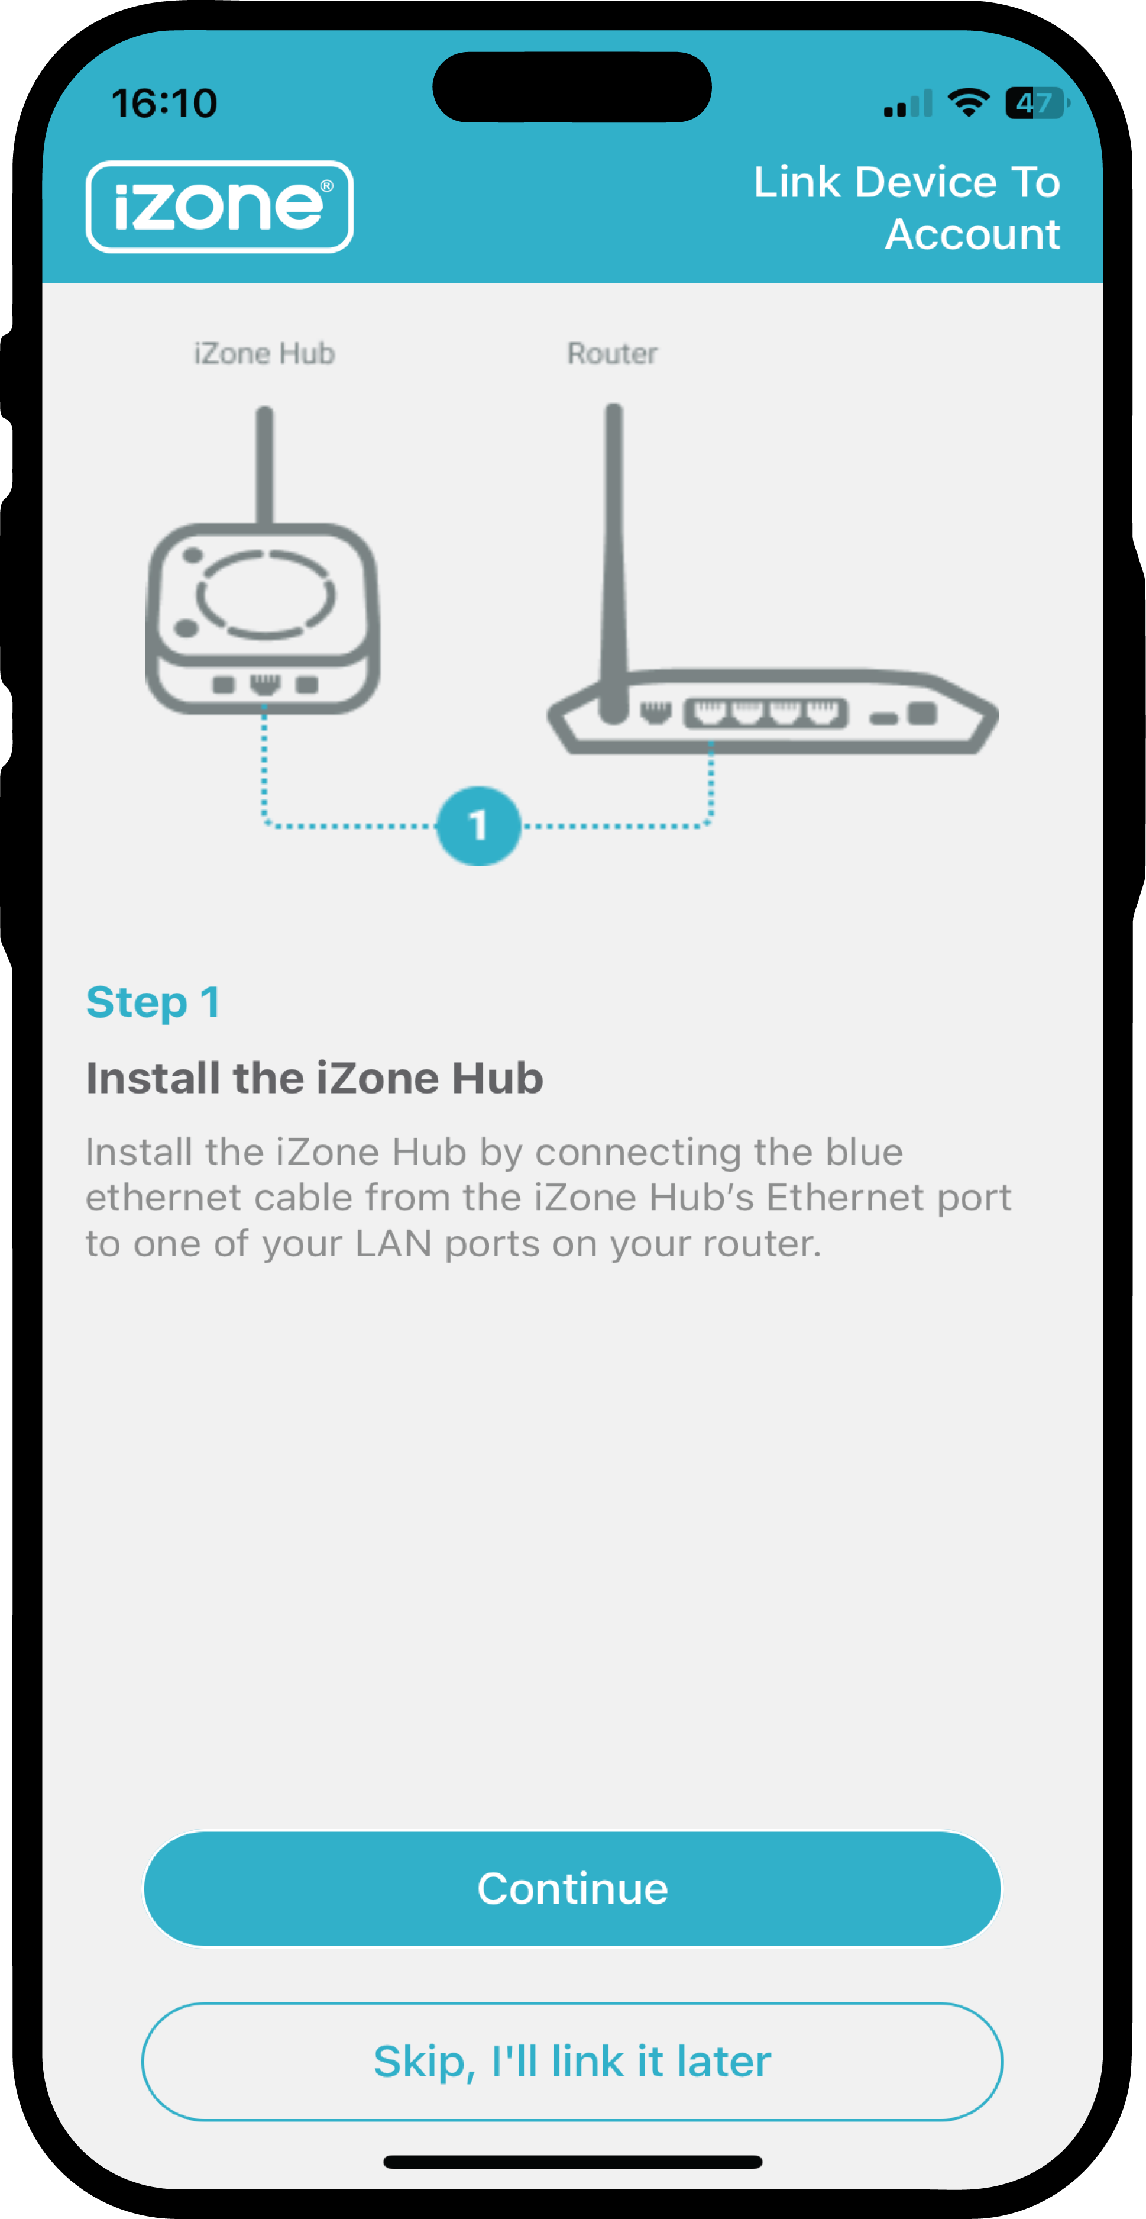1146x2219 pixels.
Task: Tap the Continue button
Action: (572, 1888)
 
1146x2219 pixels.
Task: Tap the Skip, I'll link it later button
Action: (572, 2062)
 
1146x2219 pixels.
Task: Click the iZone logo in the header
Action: (219, 207)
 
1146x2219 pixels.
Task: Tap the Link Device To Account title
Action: (906, 208)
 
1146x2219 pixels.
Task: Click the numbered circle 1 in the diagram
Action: (479, 825)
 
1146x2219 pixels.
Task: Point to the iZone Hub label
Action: (264, 353)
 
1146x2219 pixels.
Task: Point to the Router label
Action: (612, 353)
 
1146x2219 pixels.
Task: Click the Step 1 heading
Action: (153, 1002)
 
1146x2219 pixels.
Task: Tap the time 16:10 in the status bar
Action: (164, 104)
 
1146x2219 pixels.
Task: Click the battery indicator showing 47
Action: (1036, 104)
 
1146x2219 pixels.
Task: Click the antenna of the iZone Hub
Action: (265, 465)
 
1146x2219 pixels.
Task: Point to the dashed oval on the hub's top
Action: (265, 594)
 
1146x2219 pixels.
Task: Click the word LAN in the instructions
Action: (393, 1243)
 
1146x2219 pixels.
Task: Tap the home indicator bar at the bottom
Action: (572, 2161)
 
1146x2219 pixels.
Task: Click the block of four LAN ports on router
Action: (765, 713)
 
